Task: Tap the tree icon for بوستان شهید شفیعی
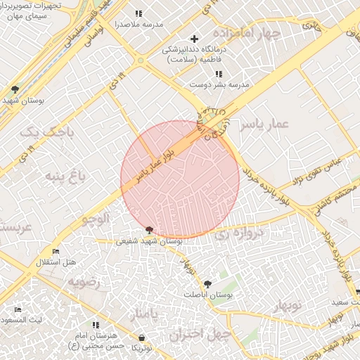coord(148,229)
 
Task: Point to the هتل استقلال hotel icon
coord(56,252)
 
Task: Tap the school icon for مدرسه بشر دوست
coord(219,73)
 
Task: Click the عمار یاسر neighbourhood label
coord(264,124)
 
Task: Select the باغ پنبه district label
coord(65,176)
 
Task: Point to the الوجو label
coord(96,218)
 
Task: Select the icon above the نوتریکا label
coord(141,337)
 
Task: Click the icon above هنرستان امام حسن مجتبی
coord(96,325)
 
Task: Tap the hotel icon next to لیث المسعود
coord(18,310)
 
